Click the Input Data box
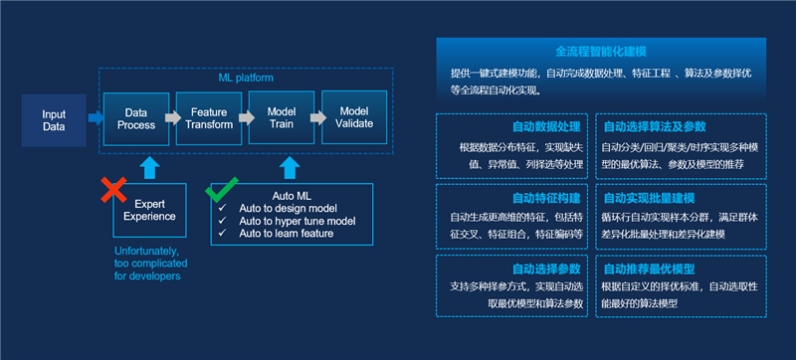54,120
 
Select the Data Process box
136,118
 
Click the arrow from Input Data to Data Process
95,119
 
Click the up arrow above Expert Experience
149,167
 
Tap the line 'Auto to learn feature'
286,234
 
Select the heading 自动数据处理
545,127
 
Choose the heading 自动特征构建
545,198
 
